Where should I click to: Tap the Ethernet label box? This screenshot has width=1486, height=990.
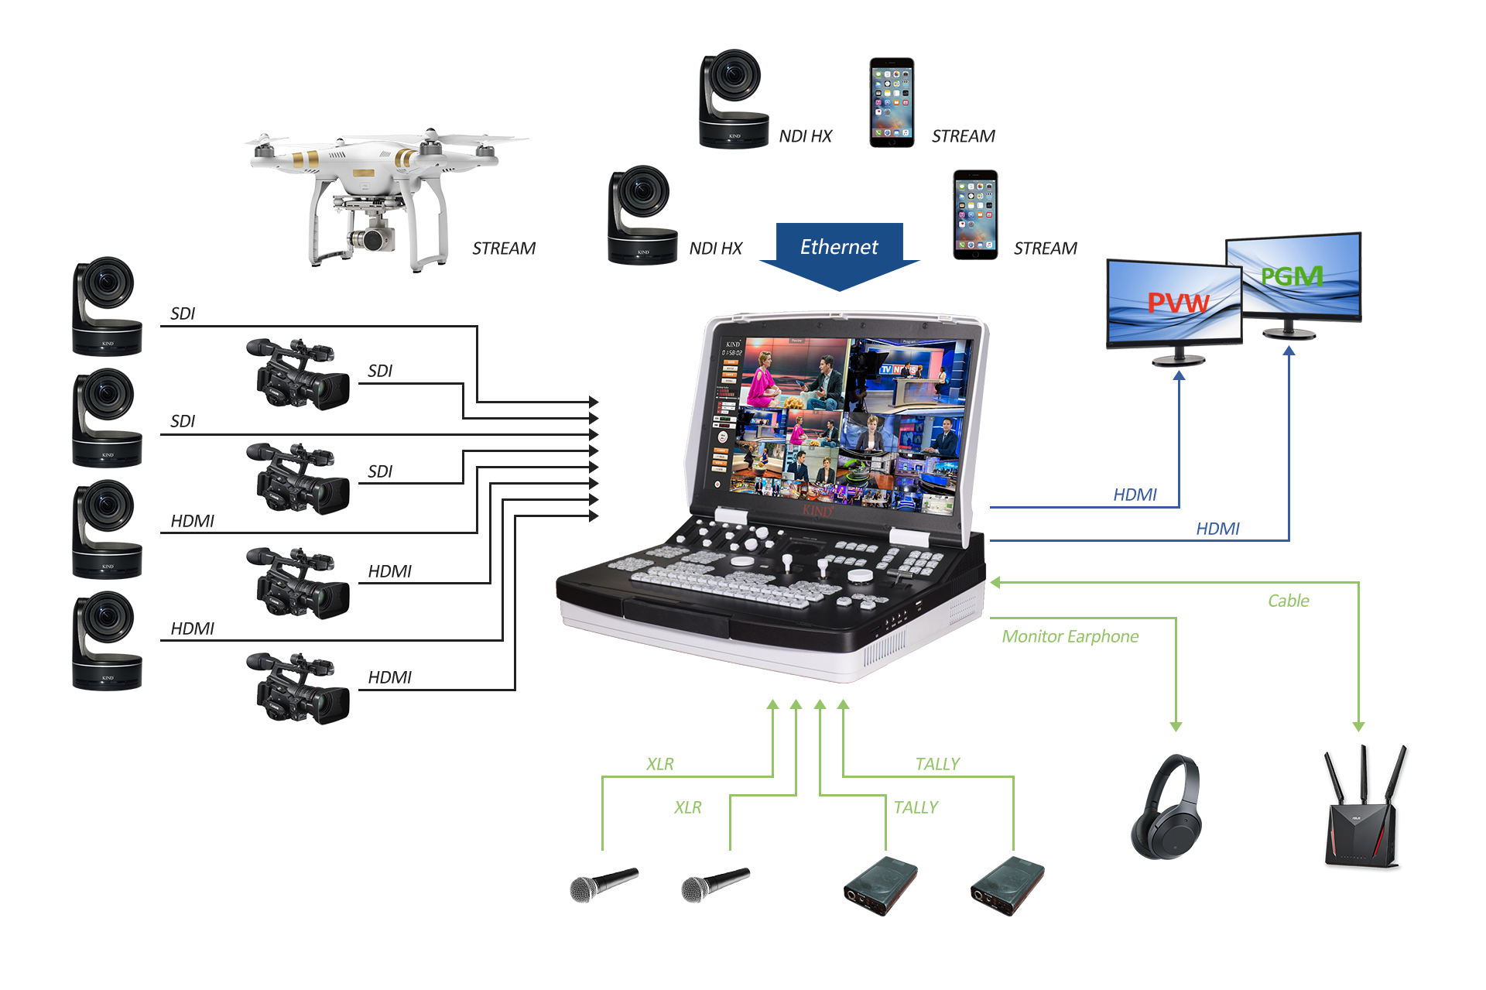[839, 248]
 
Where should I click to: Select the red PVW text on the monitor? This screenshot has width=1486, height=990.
[1177, 303]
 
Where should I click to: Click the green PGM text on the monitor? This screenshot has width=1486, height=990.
[1292, 276]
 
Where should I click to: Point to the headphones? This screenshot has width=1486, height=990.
[1166, 807]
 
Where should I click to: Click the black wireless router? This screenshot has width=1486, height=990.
[1365, 809]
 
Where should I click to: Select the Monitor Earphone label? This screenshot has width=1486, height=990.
[1070, 637]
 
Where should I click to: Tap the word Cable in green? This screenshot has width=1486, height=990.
[1288, 601]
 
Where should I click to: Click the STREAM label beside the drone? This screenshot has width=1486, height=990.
[504, 248]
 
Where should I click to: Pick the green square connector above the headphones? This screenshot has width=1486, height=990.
[1176, 727]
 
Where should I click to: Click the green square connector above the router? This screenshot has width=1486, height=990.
[1358, 727]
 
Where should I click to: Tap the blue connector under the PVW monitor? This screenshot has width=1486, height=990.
[1179, 375]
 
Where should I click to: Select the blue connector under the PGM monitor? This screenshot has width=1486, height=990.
[1289, 350]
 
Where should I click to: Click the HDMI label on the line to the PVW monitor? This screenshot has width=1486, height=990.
[1135, 495]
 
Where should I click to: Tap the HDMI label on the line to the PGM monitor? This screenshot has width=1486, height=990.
[1217, 529]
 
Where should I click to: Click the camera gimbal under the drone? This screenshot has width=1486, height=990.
[371, 236]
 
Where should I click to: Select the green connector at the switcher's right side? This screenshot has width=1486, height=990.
[995, 582]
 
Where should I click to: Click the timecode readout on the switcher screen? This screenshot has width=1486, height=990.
[732, 353]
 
